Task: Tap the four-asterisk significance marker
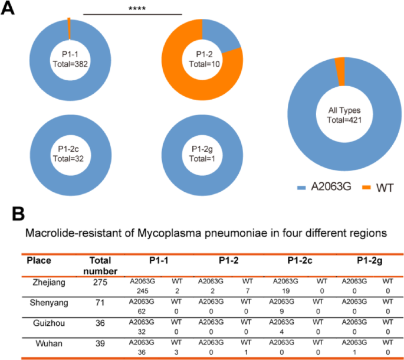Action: pos(133,9)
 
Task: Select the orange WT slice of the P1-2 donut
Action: pos(180,77)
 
